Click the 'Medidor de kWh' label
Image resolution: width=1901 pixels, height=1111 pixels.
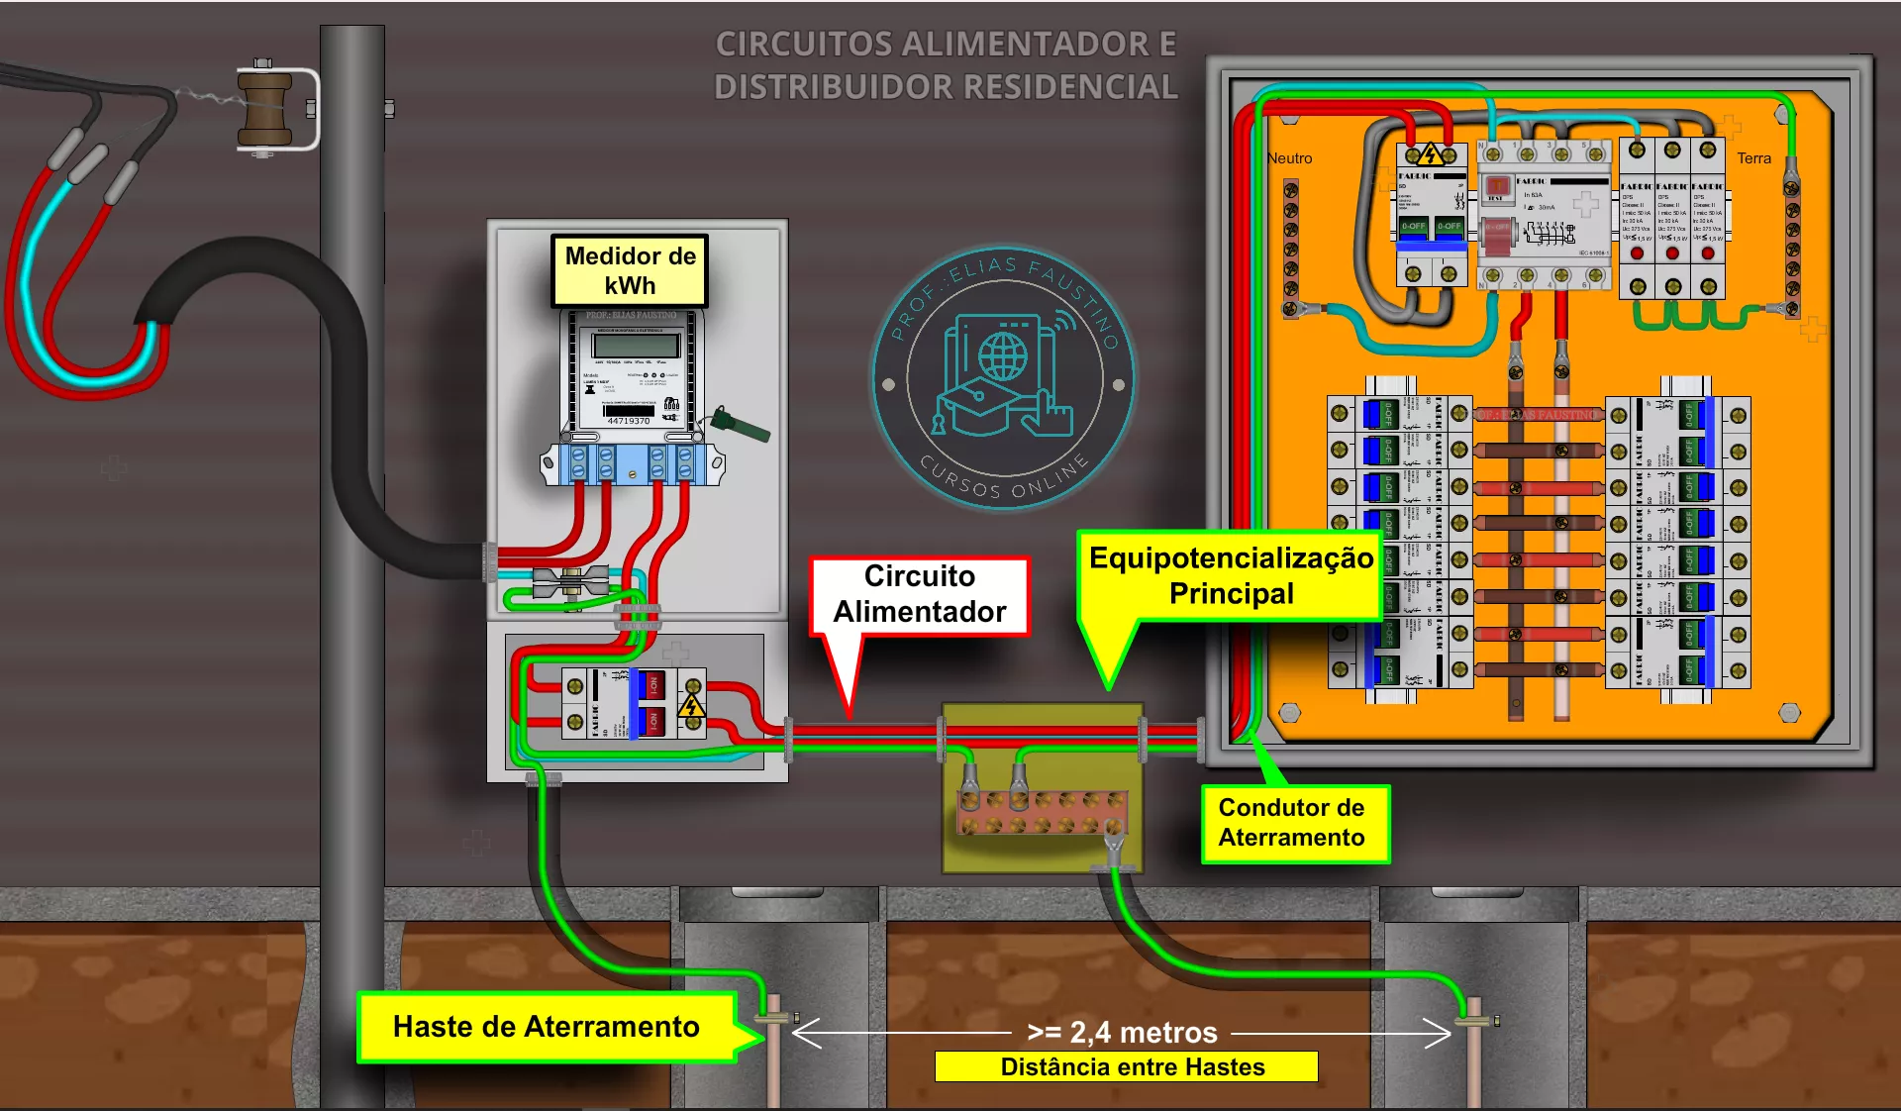coord(630,270)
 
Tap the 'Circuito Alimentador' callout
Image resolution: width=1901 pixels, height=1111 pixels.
coord(919,594)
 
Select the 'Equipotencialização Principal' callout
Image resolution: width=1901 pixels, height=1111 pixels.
coord(1231,576)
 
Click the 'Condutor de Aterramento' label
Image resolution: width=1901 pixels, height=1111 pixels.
coord(1291,823)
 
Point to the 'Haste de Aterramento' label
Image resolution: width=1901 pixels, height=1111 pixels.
coord(546,1027)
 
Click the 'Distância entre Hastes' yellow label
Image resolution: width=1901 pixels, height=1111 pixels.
coord(1132,1066)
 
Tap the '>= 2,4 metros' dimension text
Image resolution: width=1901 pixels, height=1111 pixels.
coord(1122,1033)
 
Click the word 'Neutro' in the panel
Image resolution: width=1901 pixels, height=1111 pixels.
coord(1289,158)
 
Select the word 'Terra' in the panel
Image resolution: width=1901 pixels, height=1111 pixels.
coord(1753,158)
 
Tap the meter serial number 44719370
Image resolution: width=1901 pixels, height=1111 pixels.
coord(629,422)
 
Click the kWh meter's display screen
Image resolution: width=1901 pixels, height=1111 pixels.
coord(635,346)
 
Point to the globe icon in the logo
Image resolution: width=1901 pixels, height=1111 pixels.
coord(1003,354)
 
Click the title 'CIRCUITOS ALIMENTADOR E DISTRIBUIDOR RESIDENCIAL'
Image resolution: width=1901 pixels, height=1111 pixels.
coord(946,65)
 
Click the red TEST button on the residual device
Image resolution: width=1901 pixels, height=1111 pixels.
coord(1497,186)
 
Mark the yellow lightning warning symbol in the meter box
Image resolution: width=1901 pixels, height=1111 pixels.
coord(691,706)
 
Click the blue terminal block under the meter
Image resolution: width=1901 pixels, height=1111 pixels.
coord(632,463)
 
